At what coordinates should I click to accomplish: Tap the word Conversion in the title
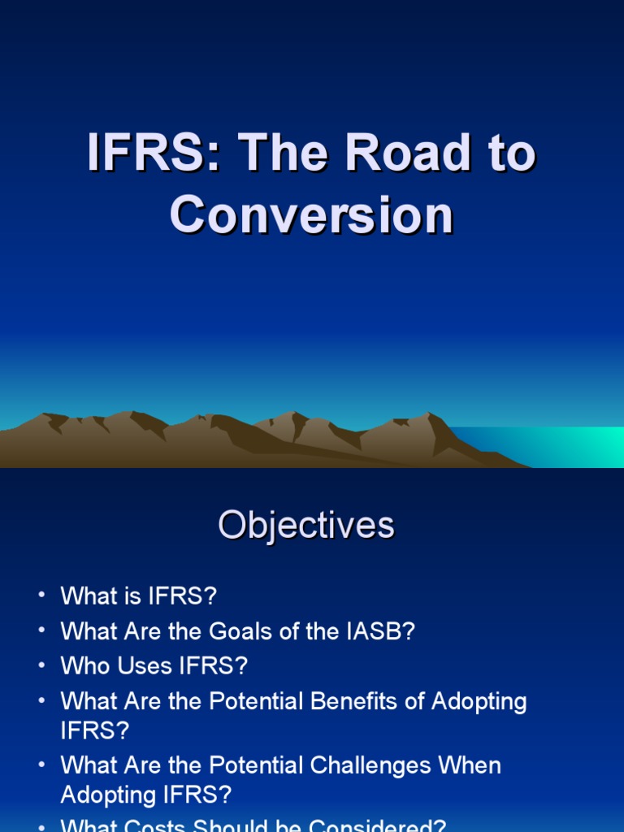point(311,214)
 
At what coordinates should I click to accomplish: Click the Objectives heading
point(305,526)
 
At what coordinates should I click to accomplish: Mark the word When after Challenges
point(470,765)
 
